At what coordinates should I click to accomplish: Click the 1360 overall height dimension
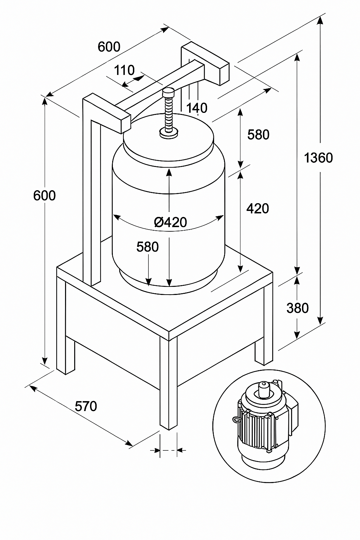tap(318, 158)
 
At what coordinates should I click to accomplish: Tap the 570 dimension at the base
tap(86, 406)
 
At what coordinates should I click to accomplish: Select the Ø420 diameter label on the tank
tap(171, 222)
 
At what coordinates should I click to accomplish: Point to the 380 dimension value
tap(297, 308)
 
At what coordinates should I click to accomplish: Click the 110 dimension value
tap(124, 70)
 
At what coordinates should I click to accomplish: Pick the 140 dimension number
tap(197, 108)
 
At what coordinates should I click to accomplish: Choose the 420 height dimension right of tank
tap(258, 208)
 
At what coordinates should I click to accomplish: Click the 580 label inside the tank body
tap(148, 246)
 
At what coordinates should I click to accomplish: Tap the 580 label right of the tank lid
tap(258, 135)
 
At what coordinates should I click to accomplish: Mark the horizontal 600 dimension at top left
tap(109, 46)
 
